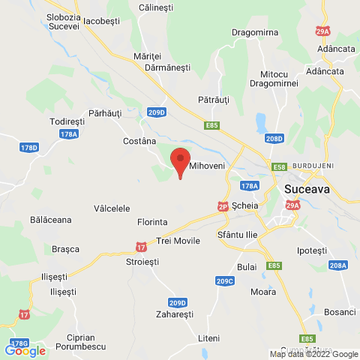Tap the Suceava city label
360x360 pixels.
(307, 190)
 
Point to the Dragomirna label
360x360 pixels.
(235, 34)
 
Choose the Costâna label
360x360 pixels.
(139, 141)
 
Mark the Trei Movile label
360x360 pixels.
(178, 241)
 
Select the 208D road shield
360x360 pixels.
(274, 139)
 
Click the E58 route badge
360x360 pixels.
(280, 167)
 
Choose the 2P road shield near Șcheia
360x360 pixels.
(223, 205)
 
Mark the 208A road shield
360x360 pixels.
(338, 265)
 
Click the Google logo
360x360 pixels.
(25, 349)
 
